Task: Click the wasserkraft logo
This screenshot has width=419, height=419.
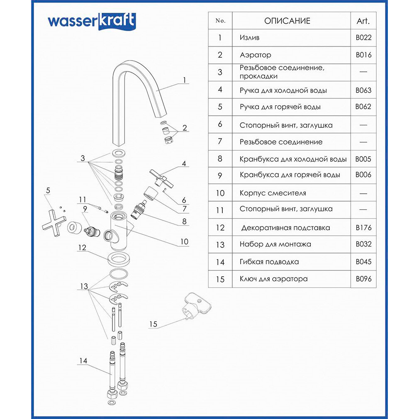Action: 91,21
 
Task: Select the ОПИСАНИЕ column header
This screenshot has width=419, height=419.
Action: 287,21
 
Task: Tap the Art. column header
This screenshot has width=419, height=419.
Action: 363,21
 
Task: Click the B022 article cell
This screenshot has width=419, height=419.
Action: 363,38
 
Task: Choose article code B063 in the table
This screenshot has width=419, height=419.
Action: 363,90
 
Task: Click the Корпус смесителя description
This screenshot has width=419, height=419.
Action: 273,193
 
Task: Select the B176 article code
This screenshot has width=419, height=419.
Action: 363,227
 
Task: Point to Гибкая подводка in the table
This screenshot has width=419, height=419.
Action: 269,262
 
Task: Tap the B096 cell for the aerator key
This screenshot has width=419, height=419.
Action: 363,279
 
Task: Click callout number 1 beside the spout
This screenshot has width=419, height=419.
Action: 185,80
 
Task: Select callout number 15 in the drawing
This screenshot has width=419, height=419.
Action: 153,324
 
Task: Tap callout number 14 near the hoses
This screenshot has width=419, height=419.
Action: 83,361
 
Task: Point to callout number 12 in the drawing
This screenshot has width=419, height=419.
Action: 82,248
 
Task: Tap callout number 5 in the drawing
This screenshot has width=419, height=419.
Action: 48,190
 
